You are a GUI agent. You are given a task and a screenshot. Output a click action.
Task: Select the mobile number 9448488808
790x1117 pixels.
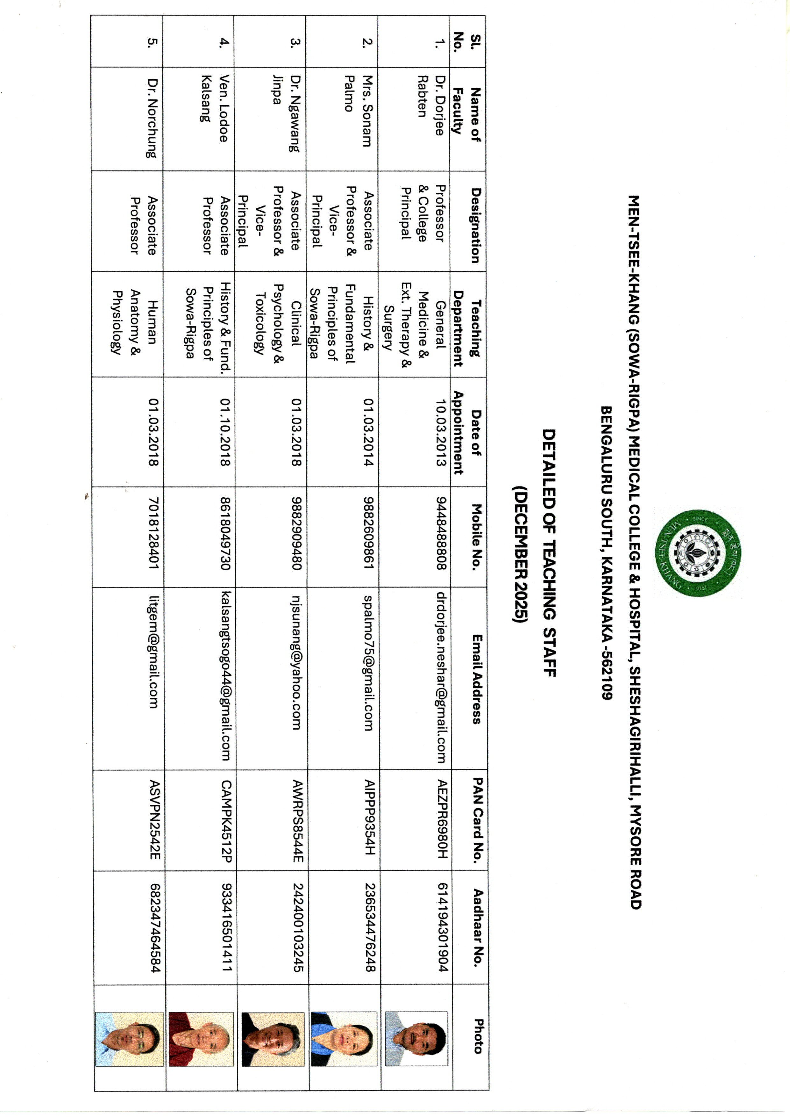click(x=441, y=533)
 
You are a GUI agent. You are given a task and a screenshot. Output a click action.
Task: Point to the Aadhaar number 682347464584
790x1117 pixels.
click(x=155, y=928)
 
